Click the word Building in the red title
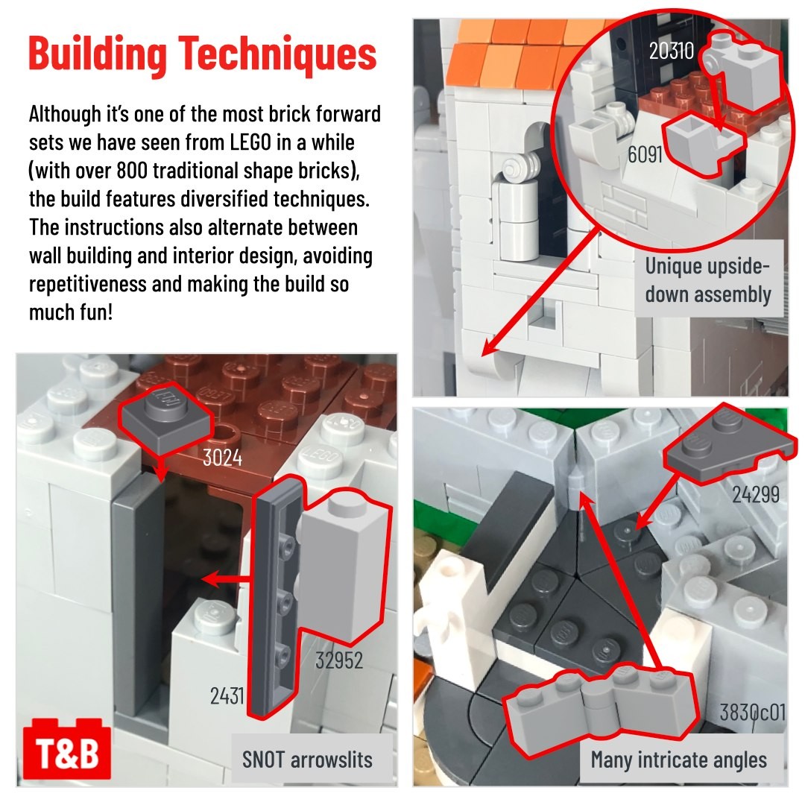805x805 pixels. [x=98, y=54]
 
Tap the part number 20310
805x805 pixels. [x=671, y=51]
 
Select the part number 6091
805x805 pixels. [x=644, y=154]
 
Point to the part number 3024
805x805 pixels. [x=222, y=458]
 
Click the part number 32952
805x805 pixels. [x=339, y=660]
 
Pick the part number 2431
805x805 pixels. [x=227, y=696]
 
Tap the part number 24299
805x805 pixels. [x=755, y=494]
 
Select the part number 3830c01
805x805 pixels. [x=752, y=712]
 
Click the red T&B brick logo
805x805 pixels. [x=67, y=749]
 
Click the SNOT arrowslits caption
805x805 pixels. [x=307, y=760]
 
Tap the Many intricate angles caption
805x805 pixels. [x=679, y=760]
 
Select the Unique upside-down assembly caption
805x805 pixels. [x=708, y=280]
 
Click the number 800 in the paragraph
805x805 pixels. [x=133, y=171]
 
